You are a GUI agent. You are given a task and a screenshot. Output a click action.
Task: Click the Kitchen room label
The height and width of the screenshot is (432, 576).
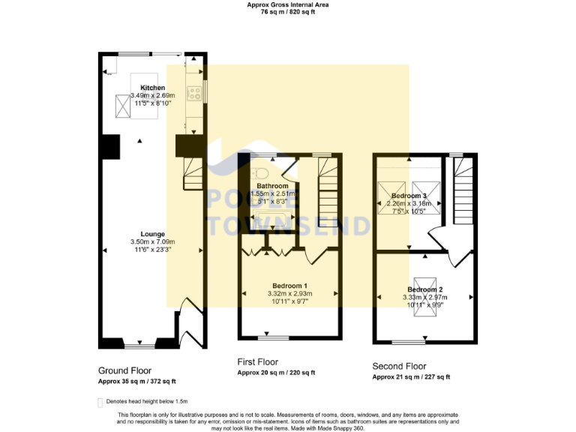(x=152, y=88)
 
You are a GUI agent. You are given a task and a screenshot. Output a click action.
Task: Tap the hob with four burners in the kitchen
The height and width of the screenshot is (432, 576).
(x=193, y=93)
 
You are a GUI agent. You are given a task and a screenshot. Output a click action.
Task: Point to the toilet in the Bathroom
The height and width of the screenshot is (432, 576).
(x=260, y=174)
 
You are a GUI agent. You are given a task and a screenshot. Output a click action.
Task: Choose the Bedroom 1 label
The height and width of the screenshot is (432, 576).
(x=289, y=286)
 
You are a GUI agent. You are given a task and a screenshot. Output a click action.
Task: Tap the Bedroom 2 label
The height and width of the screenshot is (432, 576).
(x=424, y=289)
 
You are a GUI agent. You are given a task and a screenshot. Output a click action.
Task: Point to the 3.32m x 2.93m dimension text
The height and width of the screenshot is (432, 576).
(x=289, y=293)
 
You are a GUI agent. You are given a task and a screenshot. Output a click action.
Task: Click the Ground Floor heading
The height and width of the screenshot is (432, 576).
(x=124, y=370)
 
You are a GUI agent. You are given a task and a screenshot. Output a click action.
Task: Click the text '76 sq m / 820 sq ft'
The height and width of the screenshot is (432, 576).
(x=288, y=12)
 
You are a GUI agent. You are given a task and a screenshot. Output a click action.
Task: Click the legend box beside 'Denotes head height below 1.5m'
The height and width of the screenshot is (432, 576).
(x=100, y=402)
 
